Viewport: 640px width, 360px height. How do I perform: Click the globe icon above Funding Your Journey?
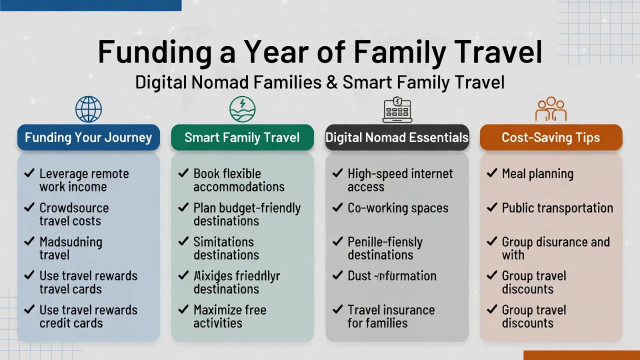click(88, 109)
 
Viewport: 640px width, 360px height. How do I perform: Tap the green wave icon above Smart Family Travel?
click(242, 109)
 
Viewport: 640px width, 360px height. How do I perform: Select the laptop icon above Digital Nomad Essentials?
click(397, 109)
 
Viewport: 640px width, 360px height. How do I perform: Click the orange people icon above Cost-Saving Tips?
click(551, 108)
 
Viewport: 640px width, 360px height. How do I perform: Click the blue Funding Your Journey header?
click(88, 137)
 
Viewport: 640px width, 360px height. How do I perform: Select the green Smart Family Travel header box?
click(242, 137)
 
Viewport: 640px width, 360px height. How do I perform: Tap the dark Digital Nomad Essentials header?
click(397, 137)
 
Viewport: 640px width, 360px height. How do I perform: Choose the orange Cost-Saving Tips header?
click(551, 137)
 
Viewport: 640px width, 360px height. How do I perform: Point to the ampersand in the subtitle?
click(331, 82)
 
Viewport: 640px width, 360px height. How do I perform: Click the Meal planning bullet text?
click(537, 174)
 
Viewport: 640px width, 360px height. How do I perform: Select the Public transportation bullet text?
click(557, 208)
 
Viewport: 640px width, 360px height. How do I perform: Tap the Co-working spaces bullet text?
click(398, 208)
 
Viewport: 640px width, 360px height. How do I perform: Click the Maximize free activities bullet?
click(229, 316)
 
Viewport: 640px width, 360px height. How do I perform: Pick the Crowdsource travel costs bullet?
click(73, 214)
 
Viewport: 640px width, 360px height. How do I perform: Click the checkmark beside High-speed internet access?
click(337, 174)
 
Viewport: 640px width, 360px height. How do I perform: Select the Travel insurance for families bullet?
click(391, 316)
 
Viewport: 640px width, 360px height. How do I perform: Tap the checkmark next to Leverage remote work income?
click(29, 174)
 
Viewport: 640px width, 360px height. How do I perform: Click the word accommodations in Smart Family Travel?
click(239, 187)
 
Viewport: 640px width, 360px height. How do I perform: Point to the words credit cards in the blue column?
click(71, 323)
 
